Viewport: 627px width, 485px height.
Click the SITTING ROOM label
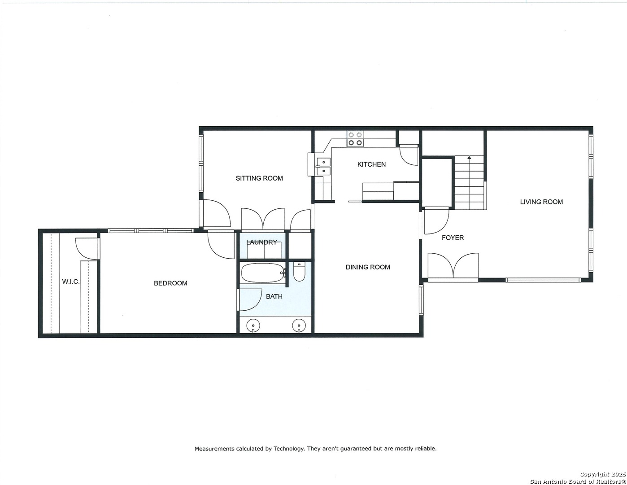tap(259, 178)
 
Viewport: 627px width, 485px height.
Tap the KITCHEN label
tap(371, 164)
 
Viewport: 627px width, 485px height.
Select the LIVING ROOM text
tap(541, 202)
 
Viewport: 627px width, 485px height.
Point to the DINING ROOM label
tap(368, 267)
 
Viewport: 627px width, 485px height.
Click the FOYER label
tap(453, 238)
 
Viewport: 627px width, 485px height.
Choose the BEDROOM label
tap(170, 283)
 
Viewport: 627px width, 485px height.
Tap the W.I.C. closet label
tap(71, 282)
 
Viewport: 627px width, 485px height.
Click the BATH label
tap(274, 296)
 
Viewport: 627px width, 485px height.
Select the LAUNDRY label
tap(262, 242)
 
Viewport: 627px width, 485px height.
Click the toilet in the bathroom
tap(299, 272)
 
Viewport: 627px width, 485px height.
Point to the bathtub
tap(262, 273)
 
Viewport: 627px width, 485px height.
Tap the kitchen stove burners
tap(355, 139)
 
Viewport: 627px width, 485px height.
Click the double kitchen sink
tap(323, 167)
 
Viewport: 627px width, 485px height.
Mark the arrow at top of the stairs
tap(469, 158)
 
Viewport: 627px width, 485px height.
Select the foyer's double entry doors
tap(453, 265)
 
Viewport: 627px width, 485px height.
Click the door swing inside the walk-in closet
tap(86, 248)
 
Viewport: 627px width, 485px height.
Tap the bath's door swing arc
tap(250, 300)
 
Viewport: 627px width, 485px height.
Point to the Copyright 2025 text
tap(603, 474)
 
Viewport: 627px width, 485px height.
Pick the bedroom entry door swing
tap(221, 245)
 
